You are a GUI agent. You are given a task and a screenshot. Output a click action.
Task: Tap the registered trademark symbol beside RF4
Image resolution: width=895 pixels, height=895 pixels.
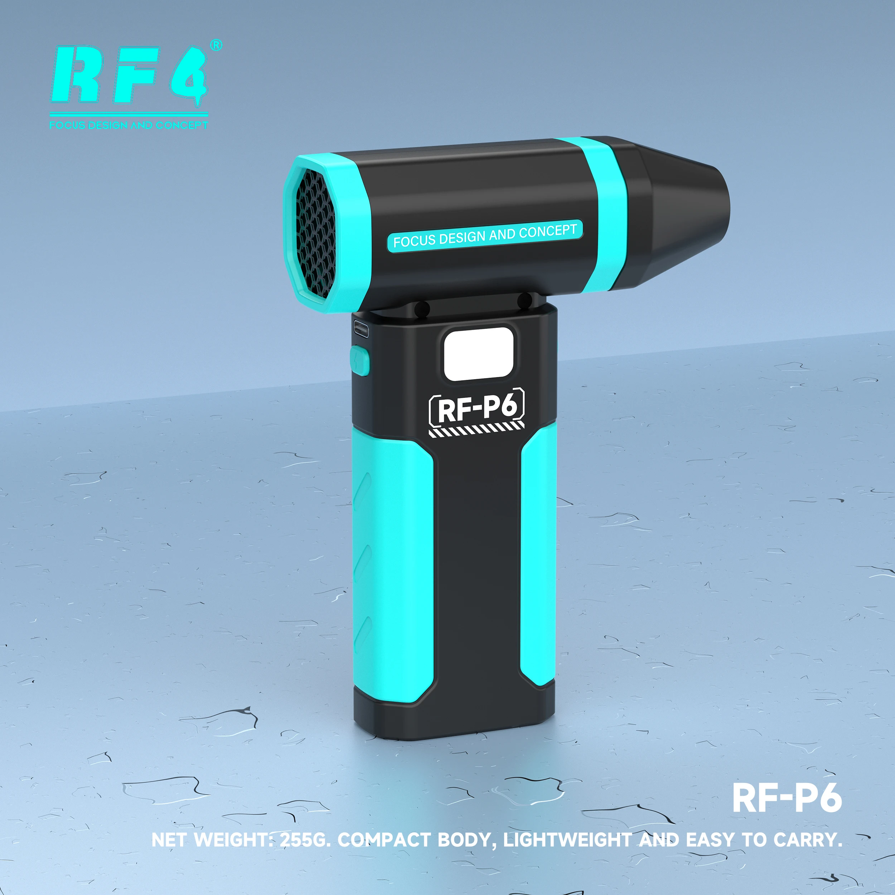click(216, 45)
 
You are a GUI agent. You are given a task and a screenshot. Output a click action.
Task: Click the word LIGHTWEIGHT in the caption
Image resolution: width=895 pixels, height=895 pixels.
click(567, 840)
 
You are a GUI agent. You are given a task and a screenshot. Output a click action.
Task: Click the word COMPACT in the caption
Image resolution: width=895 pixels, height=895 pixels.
click(384, 840)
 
